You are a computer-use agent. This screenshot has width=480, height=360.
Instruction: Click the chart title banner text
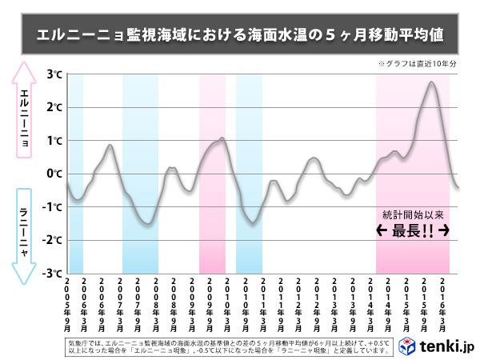[x=240, y=35]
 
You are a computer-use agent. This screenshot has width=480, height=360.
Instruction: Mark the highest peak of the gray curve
[x=431, y=82]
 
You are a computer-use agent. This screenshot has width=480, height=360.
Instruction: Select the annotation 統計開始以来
[x=412, y=214]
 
